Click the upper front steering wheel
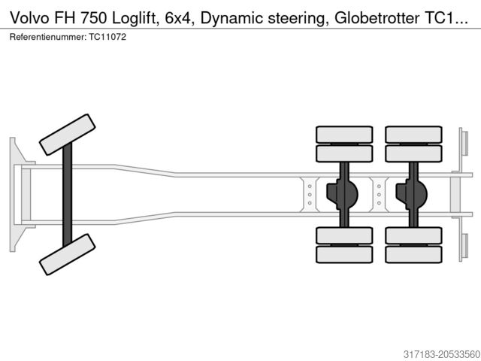[x=67, y=135]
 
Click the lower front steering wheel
[x=67, y=254]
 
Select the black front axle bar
[x=67, y=194]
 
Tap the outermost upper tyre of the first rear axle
[x=344, y=134]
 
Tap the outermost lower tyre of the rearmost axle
[x=413, y=254]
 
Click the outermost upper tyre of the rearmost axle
[x=413, y=134]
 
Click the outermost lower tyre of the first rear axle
[x=344, y=254]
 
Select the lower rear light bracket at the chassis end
[x=464, y=245]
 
